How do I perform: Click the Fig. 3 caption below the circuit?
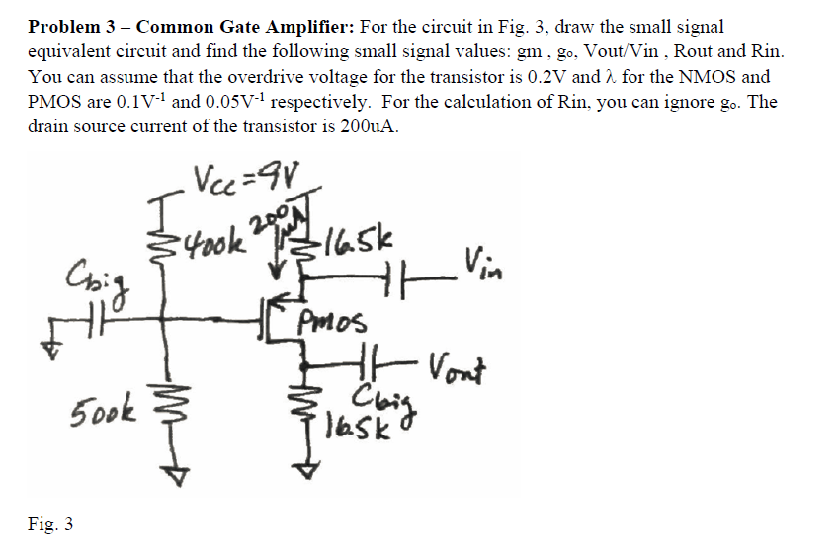(x=49, y=523)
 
